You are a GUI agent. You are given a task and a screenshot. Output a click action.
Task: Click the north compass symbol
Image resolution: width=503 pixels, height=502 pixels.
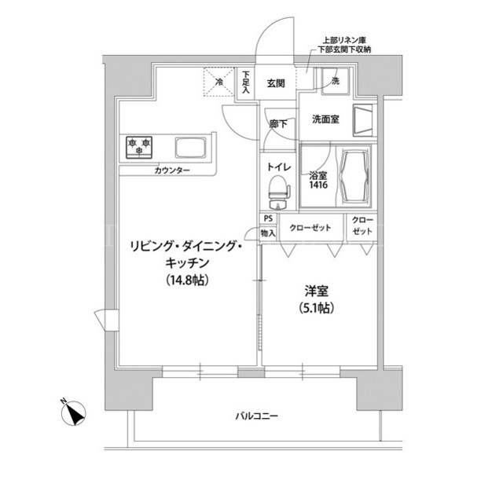click(x=73, y=413)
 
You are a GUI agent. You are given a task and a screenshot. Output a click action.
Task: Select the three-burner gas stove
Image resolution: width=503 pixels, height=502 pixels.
click(x=139, y=148)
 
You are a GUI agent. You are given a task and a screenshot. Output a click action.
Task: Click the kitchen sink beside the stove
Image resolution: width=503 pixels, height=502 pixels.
click(x=190, y=148)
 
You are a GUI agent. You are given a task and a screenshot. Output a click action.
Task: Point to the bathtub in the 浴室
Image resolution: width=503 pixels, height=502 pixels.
click(x=354, y=176)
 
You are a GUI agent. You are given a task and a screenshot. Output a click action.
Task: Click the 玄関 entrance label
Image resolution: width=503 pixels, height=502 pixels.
click(x=276, y=83)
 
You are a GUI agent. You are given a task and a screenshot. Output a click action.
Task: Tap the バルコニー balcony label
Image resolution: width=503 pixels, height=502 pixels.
click(x=257, y=416)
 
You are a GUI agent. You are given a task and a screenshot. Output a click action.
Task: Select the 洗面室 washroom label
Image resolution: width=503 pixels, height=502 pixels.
click(x=325, y=119)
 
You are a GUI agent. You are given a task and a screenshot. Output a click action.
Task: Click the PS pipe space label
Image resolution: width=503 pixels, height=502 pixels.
click(x=268, y=218)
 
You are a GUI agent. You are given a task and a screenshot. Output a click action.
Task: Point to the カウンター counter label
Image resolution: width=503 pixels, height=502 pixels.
click(x=172, y=170)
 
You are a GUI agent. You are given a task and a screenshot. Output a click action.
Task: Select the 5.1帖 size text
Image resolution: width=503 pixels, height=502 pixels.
click(x=316, y=308)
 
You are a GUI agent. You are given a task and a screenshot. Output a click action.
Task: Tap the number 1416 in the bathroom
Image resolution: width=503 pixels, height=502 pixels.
click(x=318, y=185)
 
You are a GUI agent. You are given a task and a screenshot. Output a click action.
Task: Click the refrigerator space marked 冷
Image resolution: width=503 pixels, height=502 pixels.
click(x=218, y=82)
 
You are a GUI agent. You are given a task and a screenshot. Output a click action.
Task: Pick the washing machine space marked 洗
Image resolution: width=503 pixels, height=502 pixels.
click(x=335, y=81)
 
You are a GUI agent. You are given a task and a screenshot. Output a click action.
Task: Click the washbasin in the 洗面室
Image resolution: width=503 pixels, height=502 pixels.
click(x=363, y=120)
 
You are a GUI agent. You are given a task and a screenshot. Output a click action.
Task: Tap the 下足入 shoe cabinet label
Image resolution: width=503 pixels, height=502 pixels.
click(x=246, y=82)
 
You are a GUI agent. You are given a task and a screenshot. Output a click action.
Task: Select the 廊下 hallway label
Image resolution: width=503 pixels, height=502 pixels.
click(x=277, y=124)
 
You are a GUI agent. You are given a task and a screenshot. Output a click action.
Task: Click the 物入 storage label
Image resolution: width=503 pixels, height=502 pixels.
click(x=268, y=233)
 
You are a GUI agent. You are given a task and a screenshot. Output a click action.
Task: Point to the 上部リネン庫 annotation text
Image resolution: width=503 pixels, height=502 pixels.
click(x=344, y=41)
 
